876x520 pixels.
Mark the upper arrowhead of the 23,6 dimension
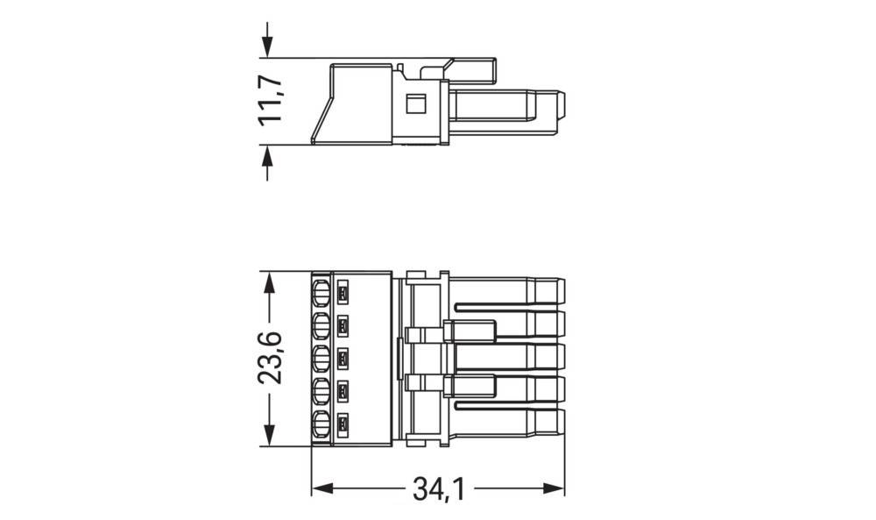pyautogui.click(x=270, y=281)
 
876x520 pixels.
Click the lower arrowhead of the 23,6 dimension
pyautogui.click(x=270, y=438)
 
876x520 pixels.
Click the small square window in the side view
pyautogui.click(x=416, y=103)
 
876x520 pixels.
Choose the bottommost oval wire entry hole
pyautogui.click(x=321, y=427)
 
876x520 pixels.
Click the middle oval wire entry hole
pyautogui.click(x=321, y=360)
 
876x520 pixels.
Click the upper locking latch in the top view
pyautogui.click(x=470, y=331)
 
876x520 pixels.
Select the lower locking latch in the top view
pyautogui.click(x=470, y=387)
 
